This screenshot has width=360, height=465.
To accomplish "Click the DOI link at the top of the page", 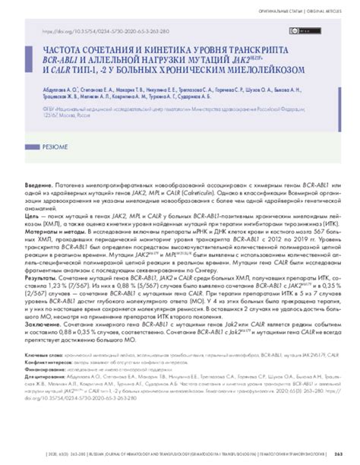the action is [x=106, y=33].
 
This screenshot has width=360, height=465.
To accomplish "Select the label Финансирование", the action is [x=47, y=370].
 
